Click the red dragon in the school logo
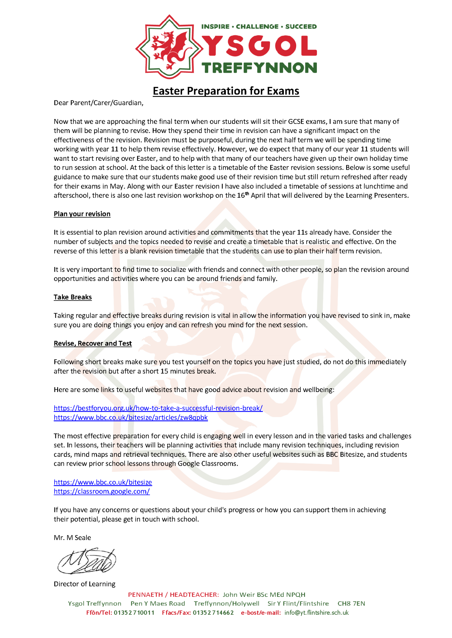click(x=170, y=47)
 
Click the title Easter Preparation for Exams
click(x=226, y=91)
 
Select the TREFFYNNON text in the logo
click(x=259, y=68)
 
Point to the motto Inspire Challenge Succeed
click(x=259, y=26)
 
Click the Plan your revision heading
click(x=82, y=214)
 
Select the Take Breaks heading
click(x=73, y=297)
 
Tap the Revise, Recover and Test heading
click(x=93, y=343)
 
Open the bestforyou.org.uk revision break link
click(x=158, y=408)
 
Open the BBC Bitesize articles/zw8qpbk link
click(x=131, y=417)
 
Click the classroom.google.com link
click(x=102, y=491)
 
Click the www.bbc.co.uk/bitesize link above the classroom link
click(x=103, y=482)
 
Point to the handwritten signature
click(x=87, y=561)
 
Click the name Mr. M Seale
click(x=72, y=538)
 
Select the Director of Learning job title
click(x=84, y=584)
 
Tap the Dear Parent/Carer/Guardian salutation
click(x=98, y=103)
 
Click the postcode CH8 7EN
click(x=351, y=604)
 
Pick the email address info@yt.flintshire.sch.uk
click(x=317, y=612)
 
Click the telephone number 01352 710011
click(x=134, y=612)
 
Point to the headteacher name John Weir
click(x=237, y=595)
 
